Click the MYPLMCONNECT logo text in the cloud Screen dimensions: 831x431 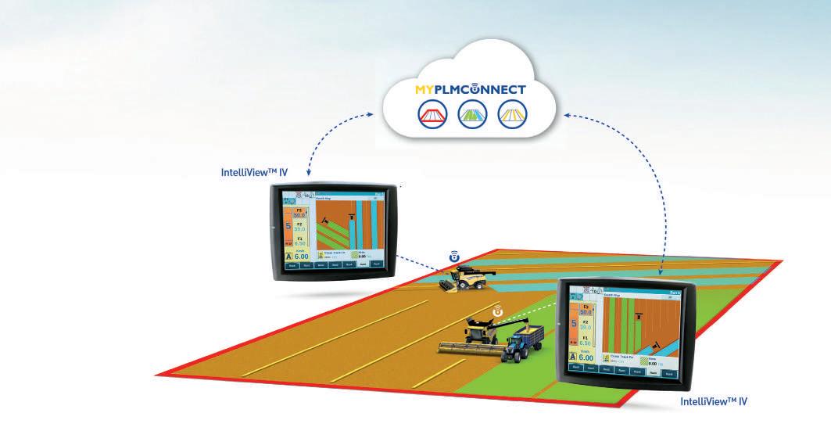click(471, 89)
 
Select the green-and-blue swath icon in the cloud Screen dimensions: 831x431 click(471, 115)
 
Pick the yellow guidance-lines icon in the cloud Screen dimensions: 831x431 click(512, 115)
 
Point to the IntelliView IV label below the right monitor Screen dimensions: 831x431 click(715, 400)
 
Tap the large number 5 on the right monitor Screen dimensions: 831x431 click(575, 323)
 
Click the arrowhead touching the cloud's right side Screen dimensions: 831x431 click(566, 117)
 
